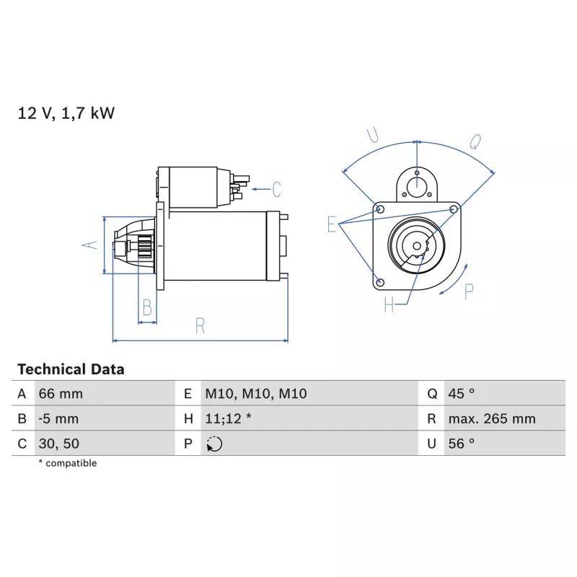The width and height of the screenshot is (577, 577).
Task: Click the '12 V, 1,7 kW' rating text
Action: (x=66, y=113)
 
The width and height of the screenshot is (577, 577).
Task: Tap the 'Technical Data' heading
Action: (x=71, y=369)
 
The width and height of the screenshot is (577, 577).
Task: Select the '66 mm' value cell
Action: (x=61, y=394)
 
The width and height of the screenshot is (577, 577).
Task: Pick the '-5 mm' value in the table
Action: (x=58, y=419)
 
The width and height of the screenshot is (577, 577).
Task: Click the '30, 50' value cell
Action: (x=59, y=444)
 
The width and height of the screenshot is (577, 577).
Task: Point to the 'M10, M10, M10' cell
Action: (x=256, y=394)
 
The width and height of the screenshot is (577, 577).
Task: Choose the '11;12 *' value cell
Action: (x=228, y=419)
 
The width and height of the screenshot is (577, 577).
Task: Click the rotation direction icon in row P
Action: (x=214, y=444)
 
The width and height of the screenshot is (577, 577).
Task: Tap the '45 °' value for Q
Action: (x=461, y=394)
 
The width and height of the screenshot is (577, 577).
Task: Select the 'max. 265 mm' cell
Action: (x=492, y=419)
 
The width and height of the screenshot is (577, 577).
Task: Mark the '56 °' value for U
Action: (x=461, y=444)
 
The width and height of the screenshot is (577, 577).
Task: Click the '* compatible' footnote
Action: (x=68, y=463)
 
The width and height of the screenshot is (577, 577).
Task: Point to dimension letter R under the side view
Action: (x=200, y=326)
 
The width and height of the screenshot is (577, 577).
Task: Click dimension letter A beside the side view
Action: (x=89, y=245)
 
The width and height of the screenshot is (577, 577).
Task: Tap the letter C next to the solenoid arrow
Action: (x=276, y=190)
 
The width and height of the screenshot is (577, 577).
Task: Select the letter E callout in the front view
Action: (x=332, y=224)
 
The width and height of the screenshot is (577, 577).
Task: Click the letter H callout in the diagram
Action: (x=389, y=304)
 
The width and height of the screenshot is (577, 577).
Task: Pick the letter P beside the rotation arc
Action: (x=469, y=292)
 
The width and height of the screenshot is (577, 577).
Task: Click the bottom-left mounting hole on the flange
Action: (x=381, y=283)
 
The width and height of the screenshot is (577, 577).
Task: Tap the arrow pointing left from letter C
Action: (x=261, y=190)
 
